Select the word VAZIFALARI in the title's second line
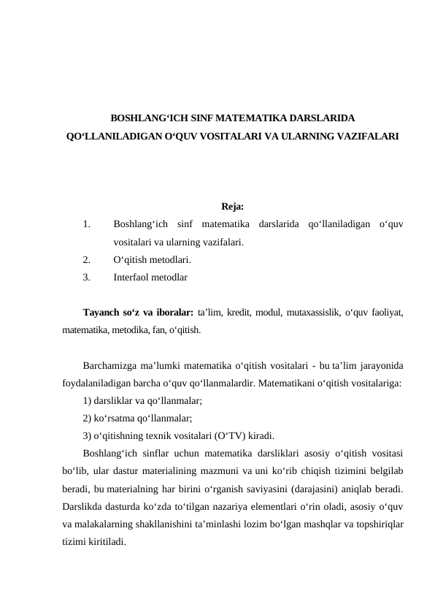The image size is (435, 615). (x=363, y=136)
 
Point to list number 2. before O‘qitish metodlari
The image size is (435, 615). (x=87, y=259)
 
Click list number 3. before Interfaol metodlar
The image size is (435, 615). (x=87, y=278)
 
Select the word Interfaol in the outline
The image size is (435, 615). (x=133, y=278)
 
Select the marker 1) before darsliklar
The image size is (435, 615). (x=88, y=401)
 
